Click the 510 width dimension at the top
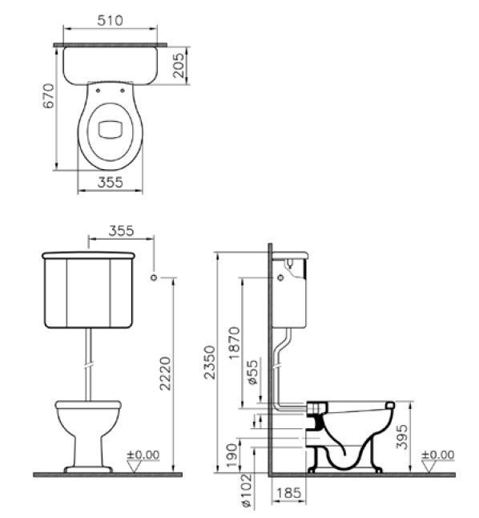tap(111, 21)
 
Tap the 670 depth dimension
tap(48, 97)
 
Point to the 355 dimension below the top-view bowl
tap(111, 182)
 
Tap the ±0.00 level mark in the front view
tap(145, 455)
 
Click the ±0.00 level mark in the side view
tap(439, 455)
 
